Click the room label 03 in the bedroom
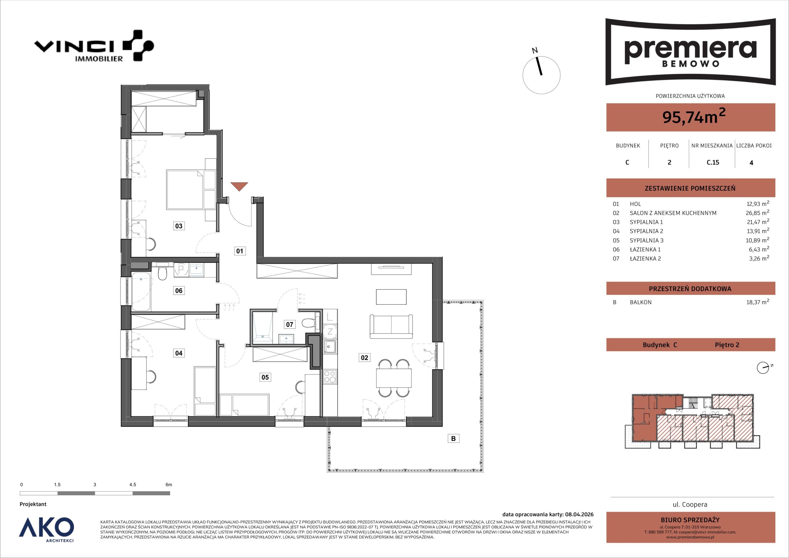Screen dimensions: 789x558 pyautogui.click(x=179, y=226)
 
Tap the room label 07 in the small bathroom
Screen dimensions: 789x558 pyautogui.click(x=290, y=324)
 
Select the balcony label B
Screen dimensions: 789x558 pyautogui.click(x=453, y=438)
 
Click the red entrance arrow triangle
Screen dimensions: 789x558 pyautogui.click(x=239, y=187)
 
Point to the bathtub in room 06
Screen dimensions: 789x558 pyautogui.click(x=141, y=291)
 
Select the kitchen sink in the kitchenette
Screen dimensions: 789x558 pyautogui.click(x=330, y=347)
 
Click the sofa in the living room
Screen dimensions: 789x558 pyautogui.click(x=391, y=326)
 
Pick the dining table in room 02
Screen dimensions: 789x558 pyautogui.click(x=394, y=378)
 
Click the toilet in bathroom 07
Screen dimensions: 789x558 pyautogui.click(x=309, y=323)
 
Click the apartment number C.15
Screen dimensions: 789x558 pyautogui.click(x=713, y=162)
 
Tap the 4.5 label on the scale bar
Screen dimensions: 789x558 pyautogui.click(x=133, y=484)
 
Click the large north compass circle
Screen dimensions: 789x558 pyautogui.click(x=541, y=75)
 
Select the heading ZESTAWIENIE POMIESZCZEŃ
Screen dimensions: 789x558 pyautogui.click(x=690, y=188)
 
